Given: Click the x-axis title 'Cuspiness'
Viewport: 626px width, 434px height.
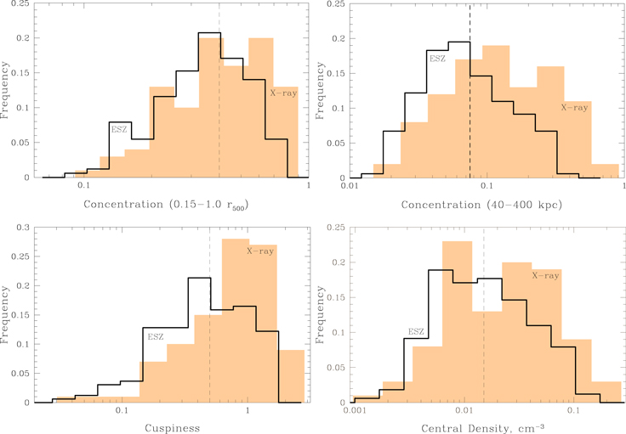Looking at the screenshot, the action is pos(172,428).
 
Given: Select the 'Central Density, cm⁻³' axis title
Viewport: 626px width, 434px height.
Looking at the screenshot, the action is pos(482,428).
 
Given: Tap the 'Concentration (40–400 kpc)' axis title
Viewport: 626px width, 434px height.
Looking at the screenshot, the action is pos(481,205).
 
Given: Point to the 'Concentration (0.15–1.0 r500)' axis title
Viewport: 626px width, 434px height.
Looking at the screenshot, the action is pos(166,205).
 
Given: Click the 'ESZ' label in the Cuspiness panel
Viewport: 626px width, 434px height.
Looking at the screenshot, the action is pos(156,337).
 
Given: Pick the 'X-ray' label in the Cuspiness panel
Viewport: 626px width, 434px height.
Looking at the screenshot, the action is pos(260,251).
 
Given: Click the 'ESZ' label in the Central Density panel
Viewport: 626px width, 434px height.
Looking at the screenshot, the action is pos(416,331).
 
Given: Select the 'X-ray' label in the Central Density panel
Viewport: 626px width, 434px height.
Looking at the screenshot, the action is pos(545,275).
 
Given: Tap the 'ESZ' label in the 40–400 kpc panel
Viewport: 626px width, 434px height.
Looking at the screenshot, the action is pos(437,59).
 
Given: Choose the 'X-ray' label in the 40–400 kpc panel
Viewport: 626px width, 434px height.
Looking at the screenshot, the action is pos(574,107).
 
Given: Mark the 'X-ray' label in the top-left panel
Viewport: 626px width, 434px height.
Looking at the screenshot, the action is pos(283,93).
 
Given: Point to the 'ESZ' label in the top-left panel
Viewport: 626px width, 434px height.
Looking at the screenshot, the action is pos(119,129).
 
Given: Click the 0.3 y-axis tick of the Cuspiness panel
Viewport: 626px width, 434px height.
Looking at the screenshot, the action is pos(22,228).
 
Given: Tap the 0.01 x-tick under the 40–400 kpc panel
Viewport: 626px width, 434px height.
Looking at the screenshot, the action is pos(350,186).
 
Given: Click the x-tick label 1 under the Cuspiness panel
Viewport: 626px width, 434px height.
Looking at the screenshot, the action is pos(248,410).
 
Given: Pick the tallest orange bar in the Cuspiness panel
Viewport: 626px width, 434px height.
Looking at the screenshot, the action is pos(236,321).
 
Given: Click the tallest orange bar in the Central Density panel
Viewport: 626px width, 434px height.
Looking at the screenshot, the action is pos(457,322).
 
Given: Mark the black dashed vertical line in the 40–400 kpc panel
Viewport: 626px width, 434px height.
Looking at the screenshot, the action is pos(469,91).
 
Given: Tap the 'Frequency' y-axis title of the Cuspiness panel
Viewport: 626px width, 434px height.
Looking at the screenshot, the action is pos(4,315).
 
